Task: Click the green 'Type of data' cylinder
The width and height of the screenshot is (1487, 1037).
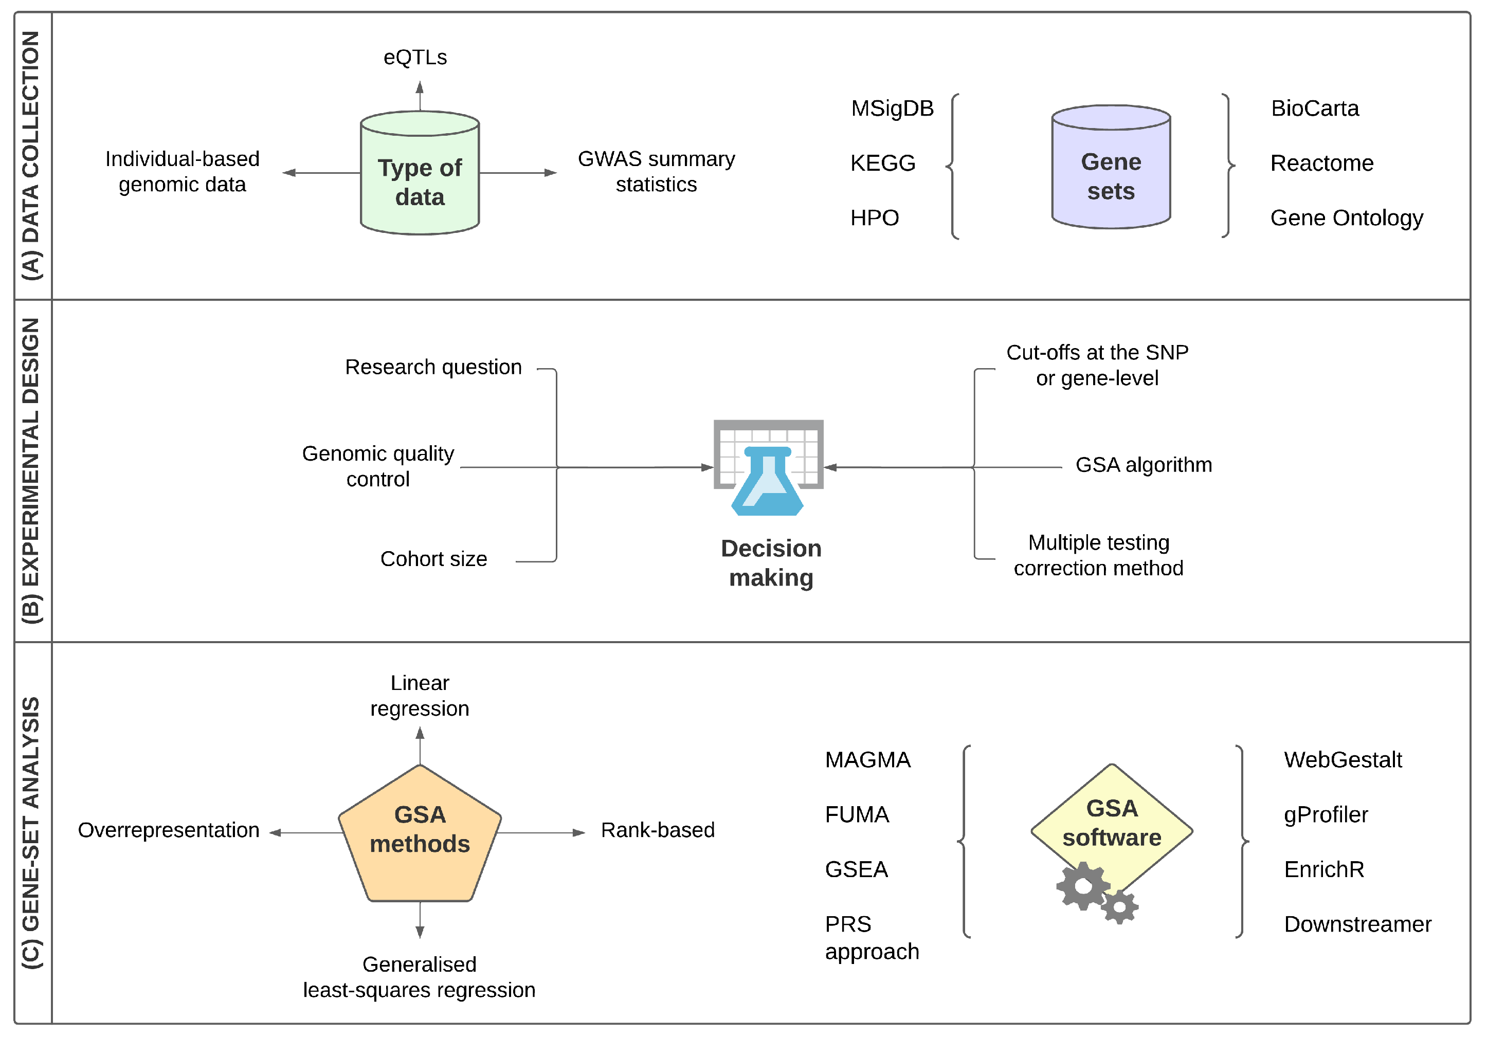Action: tap(420, 175)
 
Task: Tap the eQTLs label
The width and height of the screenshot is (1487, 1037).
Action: tap(415, 58)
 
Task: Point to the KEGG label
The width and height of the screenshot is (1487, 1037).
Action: tap(883, 163)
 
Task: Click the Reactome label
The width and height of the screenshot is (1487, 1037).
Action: tap(1322, 163)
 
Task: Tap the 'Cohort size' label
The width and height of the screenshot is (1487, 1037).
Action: tap(433, 559)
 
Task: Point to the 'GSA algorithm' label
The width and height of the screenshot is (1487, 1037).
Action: tap(1144, 465)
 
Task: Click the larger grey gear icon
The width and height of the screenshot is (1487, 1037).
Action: tap(1083, 885)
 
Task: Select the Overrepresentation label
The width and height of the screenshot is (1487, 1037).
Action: tap(168, 830)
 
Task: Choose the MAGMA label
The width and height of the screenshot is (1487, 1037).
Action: tap(868, 760)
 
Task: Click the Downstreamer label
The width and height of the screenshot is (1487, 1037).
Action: tap(1357, 924)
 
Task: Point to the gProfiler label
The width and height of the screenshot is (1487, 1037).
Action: tap(1326, 815)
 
